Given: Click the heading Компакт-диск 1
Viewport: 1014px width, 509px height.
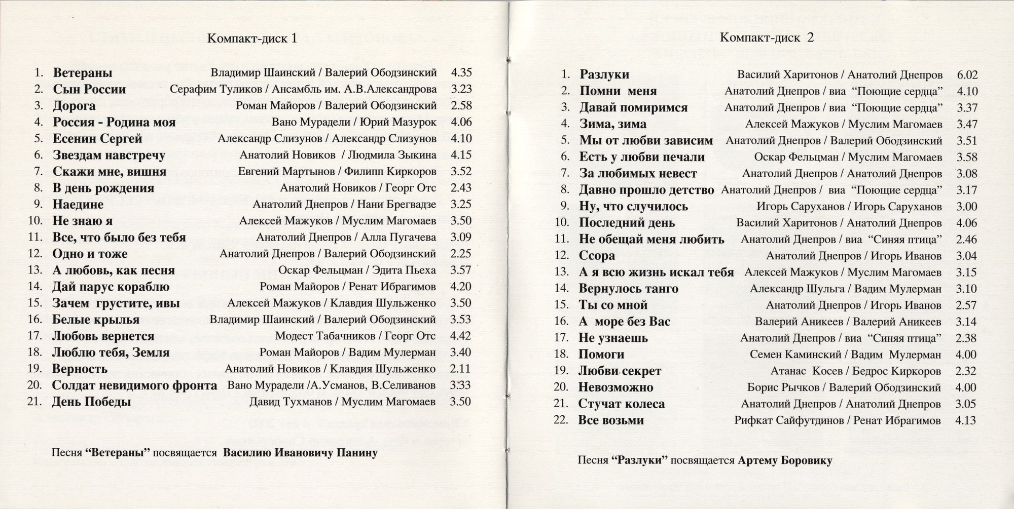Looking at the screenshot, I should click(251, 40).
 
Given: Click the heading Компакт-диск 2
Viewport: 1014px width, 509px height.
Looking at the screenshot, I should click(767, 37).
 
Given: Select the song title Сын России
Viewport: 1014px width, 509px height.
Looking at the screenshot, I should click(89, 90).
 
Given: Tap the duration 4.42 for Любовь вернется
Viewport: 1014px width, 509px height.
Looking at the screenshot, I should click(460, 336).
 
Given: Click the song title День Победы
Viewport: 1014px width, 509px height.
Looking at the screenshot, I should click(92, 402).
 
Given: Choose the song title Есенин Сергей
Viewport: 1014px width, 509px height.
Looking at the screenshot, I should click(97, 139).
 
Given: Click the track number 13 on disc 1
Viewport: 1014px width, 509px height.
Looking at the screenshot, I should click(34, 270).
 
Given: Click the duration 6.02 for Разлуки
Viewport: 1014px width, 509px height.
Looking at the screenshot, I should click(967, 75).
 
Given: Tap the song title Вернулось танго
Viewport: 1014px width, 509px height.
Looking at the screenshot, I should click(628, 289).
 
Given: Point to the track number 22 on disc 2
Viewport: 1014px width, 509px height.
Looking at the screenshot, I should click(561, 420).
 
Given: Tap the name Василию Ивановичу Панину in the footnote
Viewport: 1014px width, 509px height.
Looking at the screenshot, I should click(300, 453).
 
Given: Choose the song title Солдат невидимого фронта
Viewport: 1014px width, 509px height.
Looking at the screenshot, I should click(134, 385).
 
